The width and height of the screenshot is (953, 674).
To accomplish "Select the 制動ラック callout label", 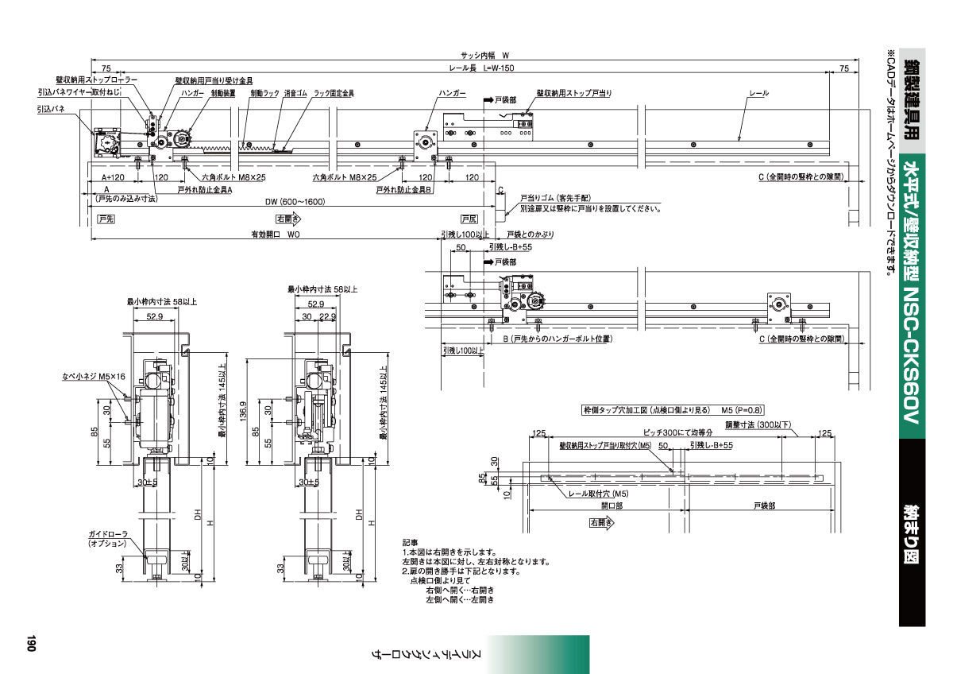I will (x=264, y=93).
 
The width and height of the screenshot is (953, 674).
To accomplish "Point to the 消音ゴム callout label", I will (x=295, y=93).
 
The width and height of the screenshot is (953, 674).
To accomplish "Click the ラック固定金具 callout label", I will (x=334, y=93).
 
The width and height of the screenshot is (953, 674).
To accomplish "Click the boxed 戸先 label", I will (x=106, y=219).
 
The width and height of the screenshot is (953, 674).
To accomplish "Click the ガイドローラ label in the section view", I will (x=106, y=534).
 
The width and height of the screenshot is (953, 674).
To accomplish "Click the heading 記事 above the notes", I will (x=410, y=542).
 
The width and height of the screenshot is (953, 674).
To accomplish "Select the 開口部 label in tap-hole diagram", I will (x=612, y=505).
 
